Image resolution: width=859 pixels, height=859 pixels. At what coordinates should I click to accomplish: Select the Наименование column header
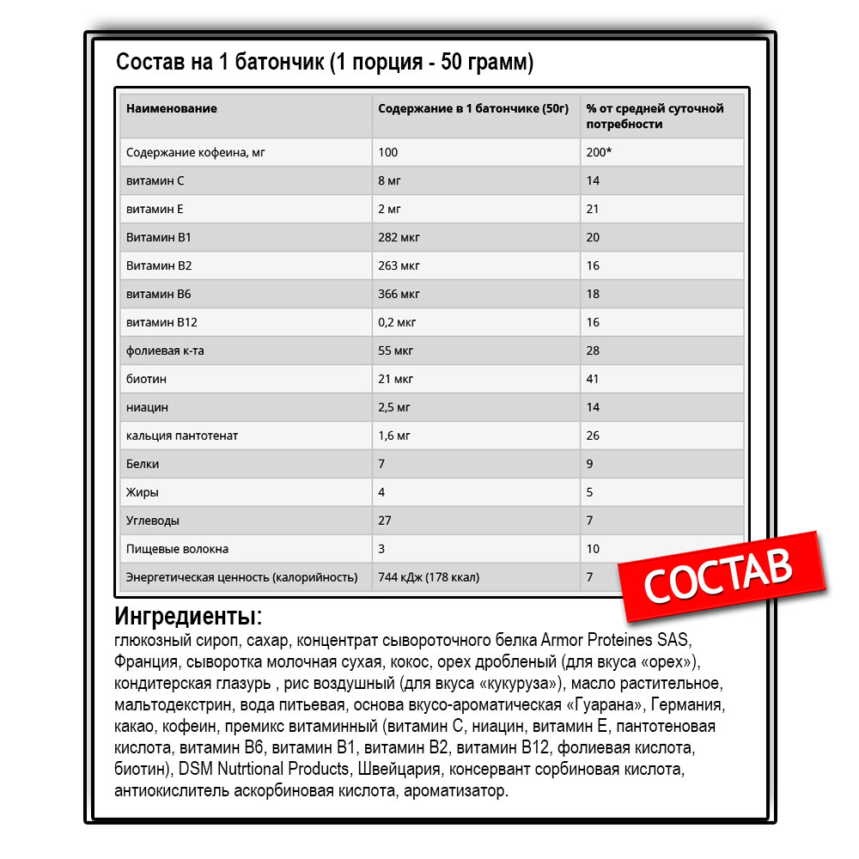[x=171, y=109]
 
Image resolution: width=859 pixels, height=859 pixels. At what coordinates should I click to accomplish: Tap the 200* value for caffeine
[x=599, y=153]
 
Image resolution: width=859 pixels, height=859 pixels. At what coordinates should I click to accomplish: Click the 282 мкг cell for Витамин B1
[x=399, y=238]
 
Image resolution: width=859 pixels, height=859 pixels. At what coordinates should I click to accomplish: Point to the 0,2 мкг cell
[x=399, y=323]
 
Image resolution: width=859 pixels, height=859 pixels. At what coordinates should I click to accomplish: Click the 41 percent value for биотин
[x=593, y=380]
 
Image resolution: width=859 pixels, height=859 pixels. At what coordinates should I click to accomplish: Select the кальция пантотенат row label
[x=182, y=436]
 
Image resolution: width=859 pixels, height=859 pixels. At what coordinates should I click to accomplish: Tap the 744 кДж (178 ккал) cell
[x=429, y=578]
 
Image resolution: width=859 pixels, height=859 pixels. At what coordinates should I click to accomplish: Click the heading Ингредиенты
[x=187, y=617]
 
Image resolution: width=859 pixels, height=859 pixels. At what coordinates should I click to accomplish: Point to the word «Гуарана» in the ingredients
[x=604, y=705]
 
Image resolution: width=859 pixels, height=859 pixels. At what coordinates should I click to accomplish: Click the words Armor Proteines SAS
[x=615, y=642]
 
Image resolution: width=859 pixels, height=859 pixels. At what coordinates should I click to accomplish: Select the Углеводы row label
[x=153, y=521]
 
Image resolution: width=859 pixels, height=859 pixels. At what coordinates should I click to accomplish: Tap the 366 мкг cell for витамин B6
[x=399, y=295]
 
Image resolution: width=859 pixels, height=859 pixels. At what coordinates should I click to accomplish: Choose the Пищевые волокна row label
[x=177, y=550]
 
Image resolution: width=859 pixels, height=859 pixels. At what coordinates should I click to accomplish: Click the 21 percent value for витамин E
[x=593, y=210]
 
